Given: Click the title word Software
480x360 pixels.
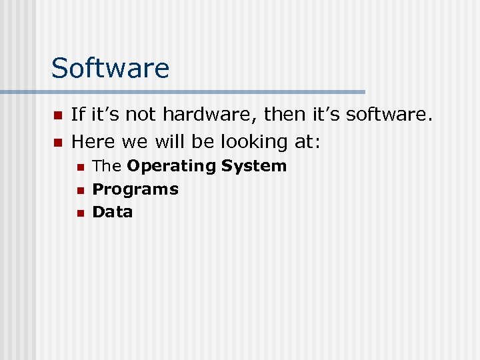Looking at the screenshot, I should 110,68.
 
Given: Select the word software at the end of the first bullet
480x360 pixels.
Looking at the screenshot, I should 386,115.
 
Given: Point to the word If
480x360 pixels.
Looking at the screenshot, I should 77,115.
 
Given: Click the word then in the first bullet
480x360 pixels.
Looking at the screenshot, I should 284,115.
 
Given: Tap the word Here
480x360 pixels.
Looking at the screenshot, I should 94,141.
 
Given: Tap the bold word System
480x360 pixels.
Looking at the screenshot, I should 254,166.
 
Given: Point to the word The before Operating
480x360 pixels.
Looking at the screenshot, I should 107,166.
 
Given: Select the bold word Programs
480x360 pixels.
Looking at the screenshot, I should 135,189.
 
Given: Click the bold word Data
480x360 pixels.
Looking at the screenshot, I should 113,212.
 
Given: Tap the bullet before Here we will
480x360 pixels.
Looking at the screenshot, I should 57,142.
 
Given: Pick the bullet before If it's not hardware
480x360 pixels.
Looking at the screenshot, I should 57,115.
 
